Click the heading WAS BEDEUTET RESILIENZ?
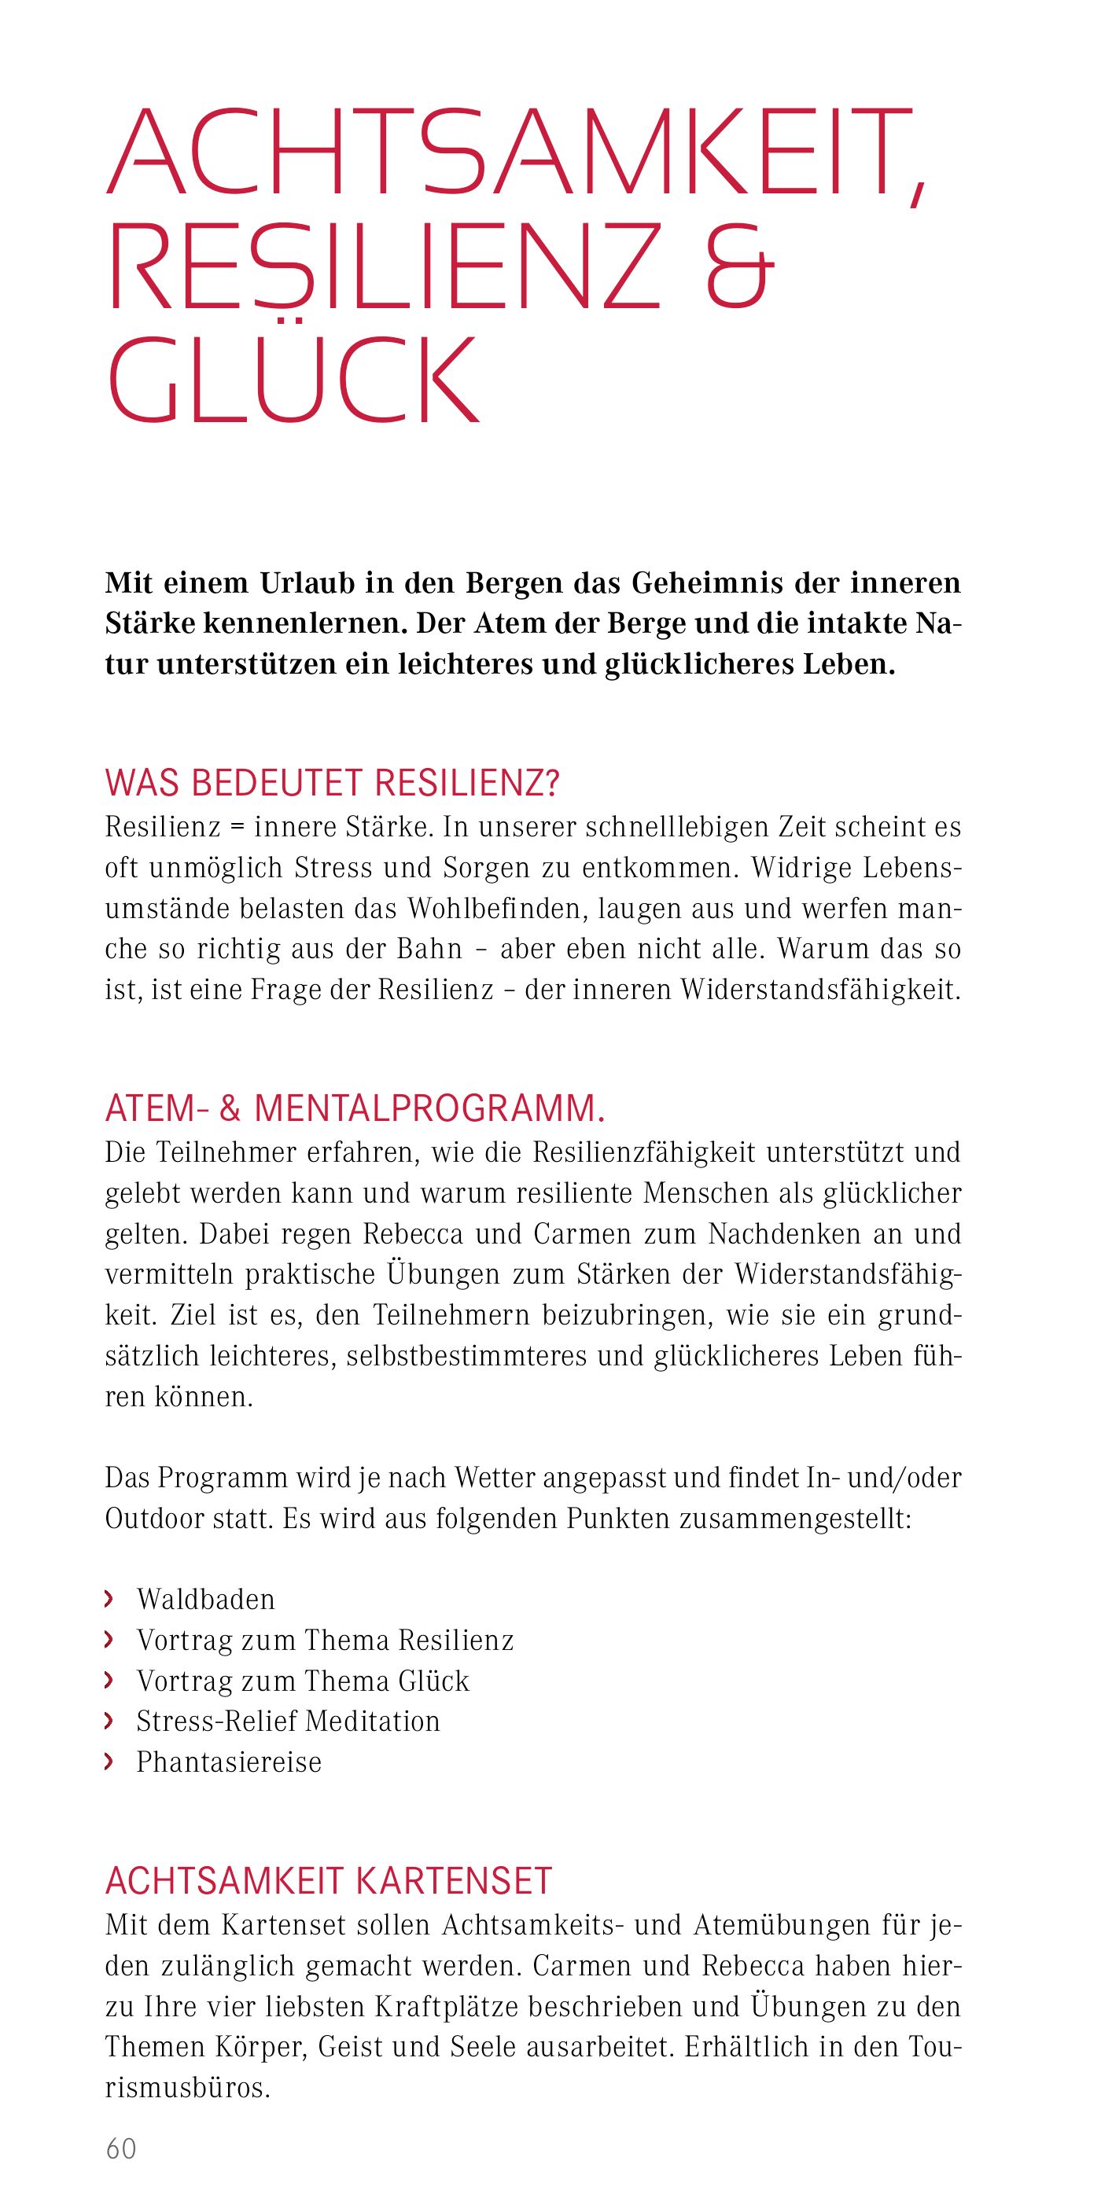332,784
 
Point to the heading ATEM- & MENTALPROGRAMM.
355,1109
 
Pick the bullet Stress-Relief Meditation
288,1721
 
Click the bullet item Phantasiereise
229,1762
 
